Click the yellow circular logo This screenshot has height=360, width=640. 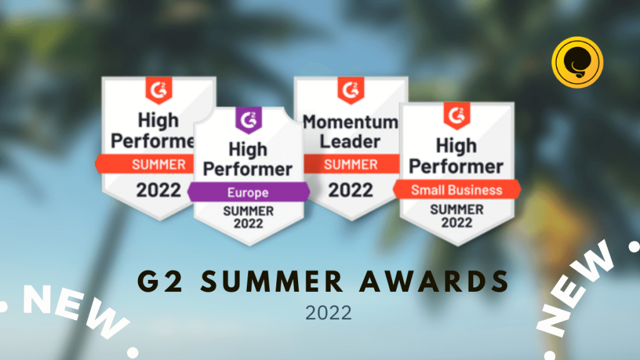click(x=577, y=62)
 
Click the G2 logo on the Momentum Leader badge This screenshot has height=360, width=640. click(x=351, y=90)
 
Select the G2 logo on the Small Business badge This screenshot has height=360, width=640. click(x=457, y=116)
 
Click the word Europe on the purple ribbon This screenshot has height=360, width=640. click(x=247, y=192)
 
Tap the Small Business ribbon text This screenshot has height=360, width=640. click(x=456, y=190)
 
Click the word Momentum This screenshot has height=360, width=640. click(x=351, y=122)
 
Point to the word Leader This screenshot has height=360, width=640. click(x=350, y=141)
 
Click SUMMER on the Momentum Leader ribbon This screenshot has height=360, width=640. click(x=351, y=164)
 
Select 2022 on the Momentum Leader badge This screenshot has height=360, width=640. click(x=351, y=190)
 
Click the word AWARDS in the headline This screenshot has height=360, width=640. click(x=434, y=281)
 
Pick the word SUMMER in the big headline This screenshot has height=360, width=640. click(x=271, y=281)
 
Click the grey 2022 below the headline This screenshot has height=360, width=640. click(x=329, y=313)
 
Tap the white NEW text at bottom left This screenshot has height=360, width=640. click(x=76, y=310)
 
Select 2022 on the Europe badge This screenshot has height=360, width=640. click(x=248, y=224)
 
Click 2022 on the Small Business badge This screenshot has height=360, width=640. click(x=457, y=222)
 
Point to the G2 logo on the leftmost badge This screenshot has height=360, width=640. click(x=159, y=90)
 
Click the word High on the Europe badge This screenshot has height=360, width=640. click(x=247, y=149)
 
